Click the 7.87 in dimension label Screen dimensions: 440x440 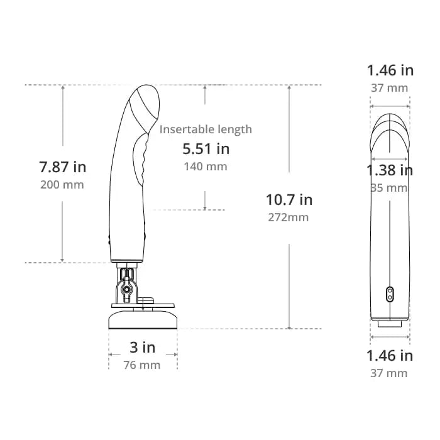pos(63,167)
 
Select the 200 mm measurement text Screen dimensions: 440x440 pos(62,185)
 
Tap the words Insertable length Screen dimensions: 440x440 pos(206,129)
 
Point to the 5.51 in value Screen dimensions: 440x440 pos(206,149)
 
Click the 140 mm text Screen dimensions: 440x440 pos(206,167)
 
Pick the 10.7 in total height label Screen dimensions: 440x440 pos(289,200)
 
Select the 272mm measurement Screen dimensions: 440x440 pos(288,217)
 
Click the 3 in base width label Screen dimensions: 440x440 pos(142,348)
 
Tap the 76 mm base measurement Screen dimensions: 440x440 pos(142,365)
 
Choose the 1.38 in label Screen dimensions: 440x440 pos(390,170)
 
